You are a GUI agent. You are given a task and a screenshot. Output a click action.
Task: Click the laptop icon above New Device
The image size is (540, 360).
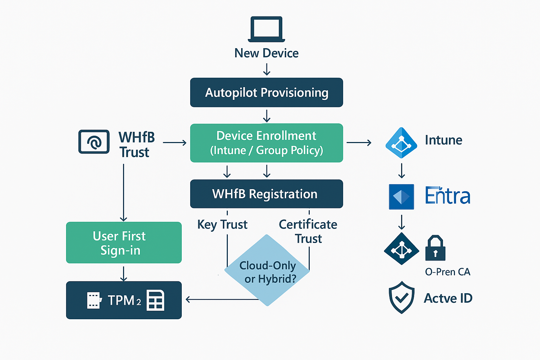pos(266,29)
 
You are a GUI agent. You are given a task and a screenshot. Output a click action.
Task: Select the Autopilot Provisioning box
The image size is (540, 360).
pos(266,92)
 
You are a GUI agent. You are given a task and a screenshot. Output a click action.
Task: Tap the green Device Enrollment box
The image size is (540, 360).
pos(266,143)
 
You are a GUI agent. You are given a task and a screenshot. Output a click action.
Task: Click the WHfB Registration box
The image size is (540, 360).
pos(266,194)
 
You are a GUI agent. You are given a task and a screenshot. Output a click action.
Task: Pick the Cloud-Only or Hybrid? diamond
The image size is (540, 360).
pos(267,271)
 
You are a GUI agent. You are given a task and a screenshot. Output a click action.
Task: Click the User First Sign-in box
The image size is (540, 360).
pos(124,243)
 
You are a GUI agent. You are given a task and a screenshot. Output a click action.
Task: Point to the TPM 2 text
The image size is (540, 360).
pos(124,301)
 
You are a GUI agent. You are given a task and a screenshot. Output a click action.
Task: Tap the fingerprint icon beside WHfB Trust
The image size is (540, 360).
pos(94,142)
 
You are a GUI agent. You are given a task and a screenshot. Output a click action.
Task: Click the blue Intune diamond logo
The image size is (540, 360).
pos(401,143)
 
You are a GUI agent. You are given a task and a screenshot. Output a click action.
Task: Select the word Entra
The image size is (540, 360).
pos(448,196)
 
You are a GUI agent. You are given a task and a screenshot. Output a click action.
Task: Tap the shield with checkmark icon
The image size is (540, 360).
pos(401,297)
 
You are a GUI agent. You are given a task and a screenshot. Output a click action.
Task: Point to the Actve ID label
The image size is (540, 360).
pos(448,298)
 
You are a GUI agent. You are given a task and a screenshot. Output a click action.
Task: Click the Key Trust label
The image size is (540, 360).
pos(222,225)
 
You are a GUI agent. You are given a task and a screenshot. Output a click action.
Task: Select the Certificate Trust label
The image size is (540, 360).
pos(308,231)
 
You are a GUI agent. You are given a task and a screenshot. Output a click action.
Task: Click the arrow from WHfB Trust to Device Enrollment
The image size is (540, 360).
pos(175,143)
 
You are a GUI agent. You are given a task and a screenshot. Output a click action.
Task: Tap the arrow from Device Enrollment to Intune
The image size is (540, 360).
pos(359,143)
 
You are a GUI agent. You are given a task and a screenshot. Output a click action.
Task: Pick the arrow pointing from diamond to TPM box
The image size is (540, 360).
pos(221,300)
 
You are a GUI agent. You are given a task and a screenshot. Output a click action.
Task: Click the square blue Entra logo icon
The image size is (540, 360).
pos(401,197)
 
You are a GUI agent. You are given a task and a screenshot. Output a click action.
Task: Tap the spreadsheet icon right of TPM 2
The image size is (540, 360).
pos(155,300)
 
